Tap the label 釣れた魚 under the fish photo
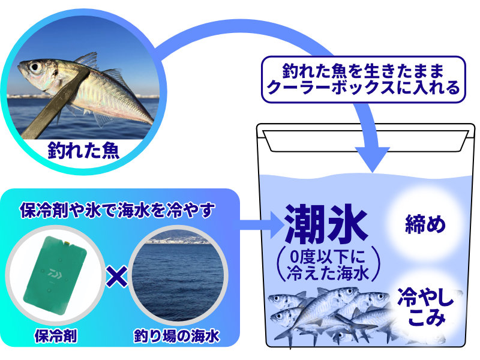[83, 150]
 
